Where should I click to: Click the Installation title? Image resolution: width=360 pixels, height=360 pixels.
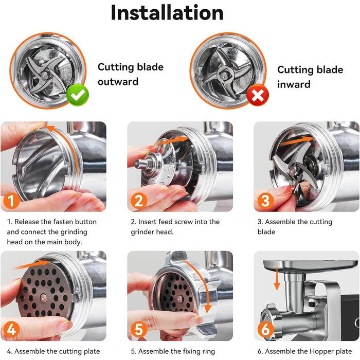coord(167,13)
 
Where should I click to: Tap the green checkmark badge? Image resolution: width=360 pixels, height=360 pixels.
coord(78,95)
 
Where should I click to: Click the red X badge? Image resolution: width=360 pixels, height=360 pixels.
coord(258,95)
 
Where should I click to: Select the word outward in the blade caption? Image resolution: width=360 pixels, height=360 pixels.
coord(118,82)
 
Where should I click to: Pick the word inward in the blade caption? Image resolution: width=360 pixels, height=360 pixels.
coord(294,84)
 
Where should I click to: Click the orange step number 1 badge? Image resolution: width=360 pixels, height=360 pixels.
coord(11,201)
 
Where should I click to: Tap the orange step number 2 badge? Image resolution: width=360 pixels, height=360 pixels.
coord(139,201)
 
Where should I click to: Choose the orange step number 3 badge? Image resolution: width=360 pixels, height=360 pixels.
coord(265,201)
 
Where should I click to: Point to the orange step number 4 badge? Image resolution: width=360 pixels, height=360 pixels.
coord(11,330)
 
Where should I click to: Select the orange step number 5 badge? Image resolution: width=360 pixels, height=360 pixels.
coord(139,330)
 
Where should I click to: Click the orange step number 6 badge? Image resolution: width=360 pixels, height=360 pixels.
coord(265,330)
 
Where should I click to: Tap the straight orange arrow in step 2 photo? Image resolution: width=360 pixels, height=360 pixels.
coord(172,140)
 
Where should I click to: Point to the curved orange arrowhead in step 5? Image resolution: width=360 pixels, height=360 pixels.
coord(208,309)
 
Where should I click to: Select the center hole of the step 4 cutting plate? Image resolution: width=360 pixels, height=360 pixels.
coord(43,298)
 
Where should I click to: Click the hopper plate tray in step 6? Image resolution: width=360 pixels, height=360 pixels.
coord(311,266)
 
